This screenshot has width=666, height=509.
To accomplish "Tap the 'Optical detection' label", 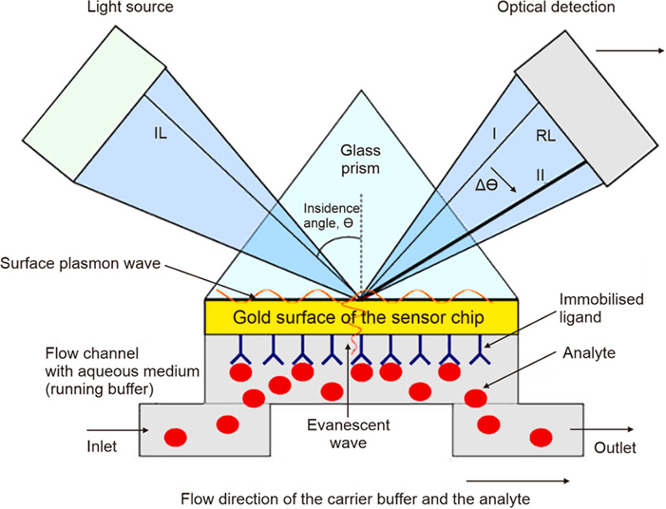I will tap(569, 8).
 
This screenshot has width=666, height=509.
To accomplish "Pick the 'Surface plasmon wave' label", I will tap(76, 262).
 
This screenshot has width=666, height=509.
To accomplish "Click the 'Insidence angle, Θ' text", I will tap(332, 217).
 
